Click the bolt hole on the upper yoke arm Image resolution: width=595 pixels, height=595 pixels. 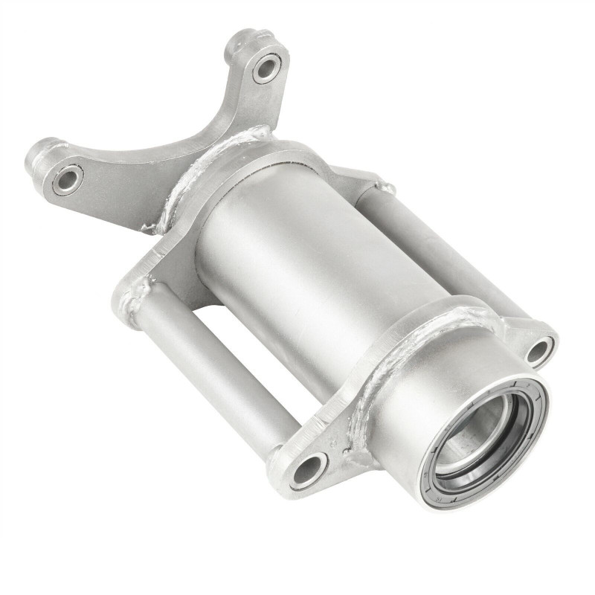pyautogui.click(x=266, y=68)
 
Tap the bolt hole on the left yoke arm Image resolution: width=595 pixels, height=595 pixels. pyautogui.click(x=67, y=178)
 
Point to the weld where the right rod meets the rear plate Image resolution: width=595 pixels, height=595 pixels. pyautogui.click(x=379, y=186)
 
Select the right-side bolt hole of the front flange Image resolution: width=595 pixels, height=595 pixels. pyautogui.click(x=541, y=350)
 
